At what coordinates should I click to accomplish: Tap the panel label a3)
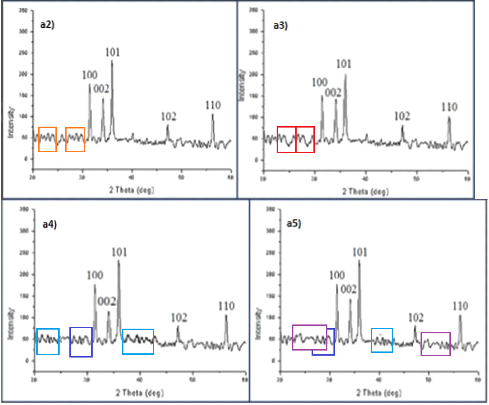(280, 26)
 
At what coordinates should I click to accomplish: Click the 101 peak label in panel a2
(112, 52)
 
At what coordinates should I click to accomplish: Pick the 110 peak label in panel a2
(213, 105)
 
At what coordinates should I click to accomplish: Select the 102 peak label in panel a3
(402, 116)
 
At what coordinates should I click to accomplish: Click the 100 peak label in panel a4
(95, 275)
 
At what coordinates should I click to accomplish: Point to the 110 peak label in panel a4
(226, 306)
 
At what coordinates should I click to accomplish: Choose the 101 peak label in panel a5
(359, 252)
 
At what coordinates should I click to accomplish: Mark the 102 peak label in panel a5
(415, 317)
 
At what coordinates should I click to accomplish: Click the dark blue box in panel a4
(81, 342)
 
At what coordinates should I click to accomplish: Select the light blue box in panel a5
(382, 340)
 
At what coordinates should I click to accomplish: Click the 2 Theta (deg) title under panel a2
(131, 190)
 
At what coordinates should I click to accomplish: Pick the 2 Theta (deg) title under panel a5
(379, 393)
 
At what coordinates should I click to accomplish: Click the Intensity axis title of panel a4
(10, 312)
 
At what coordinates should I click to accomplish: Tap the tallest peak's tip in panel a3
(345, 74)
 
